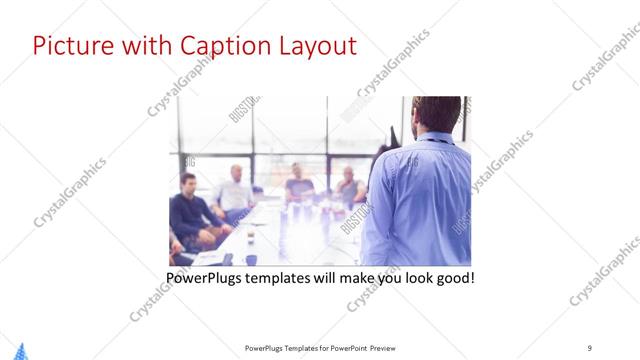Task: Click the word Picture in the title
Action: (x=68, y=46)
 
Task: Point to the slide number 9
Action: (x=590, y=347)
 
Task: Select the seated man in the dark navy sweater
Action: (x=191, y=210)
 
